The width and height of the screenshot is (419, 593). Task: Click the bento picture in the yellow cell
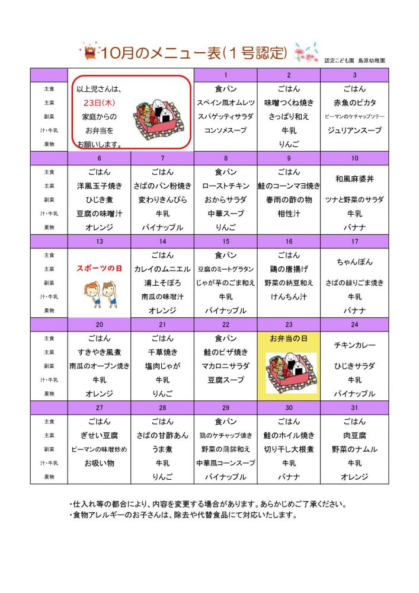pos(289,373)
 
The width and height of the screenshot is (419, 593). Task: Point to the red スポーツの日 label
pos(99,268)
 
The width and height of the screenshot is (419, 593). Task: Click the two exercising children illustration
pos(100,291)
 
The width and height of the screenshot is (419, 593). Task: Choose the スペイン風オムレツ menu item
pos(226,103)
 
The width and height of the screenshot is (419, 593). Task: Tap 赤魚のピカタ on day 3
pos(354,103)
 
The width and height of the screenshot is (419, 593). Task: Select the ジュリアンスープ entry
pos(354,130)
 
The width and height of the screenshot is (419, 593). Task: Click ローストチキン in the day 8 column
pos(226,186)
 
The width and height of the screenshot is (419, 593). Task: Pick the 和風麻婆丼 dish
pos(354,179)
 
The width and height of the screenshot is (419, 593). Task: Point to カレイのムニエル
pos(162,269)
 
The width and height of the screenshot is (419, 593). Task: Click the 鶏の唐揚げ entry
pos(289,269)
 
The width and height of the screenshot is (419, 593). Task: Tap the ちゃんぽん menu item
pos(354,262)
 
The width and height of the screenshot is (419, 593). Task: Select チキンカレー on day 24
pos(354,345)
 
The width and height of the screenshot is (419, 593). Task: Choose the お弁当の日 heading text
pos(289,338)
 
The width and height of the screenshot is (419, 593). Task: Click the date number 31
pos(354,407)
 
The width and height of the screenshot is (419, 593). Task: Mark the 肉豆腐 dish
pos(354,435)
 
